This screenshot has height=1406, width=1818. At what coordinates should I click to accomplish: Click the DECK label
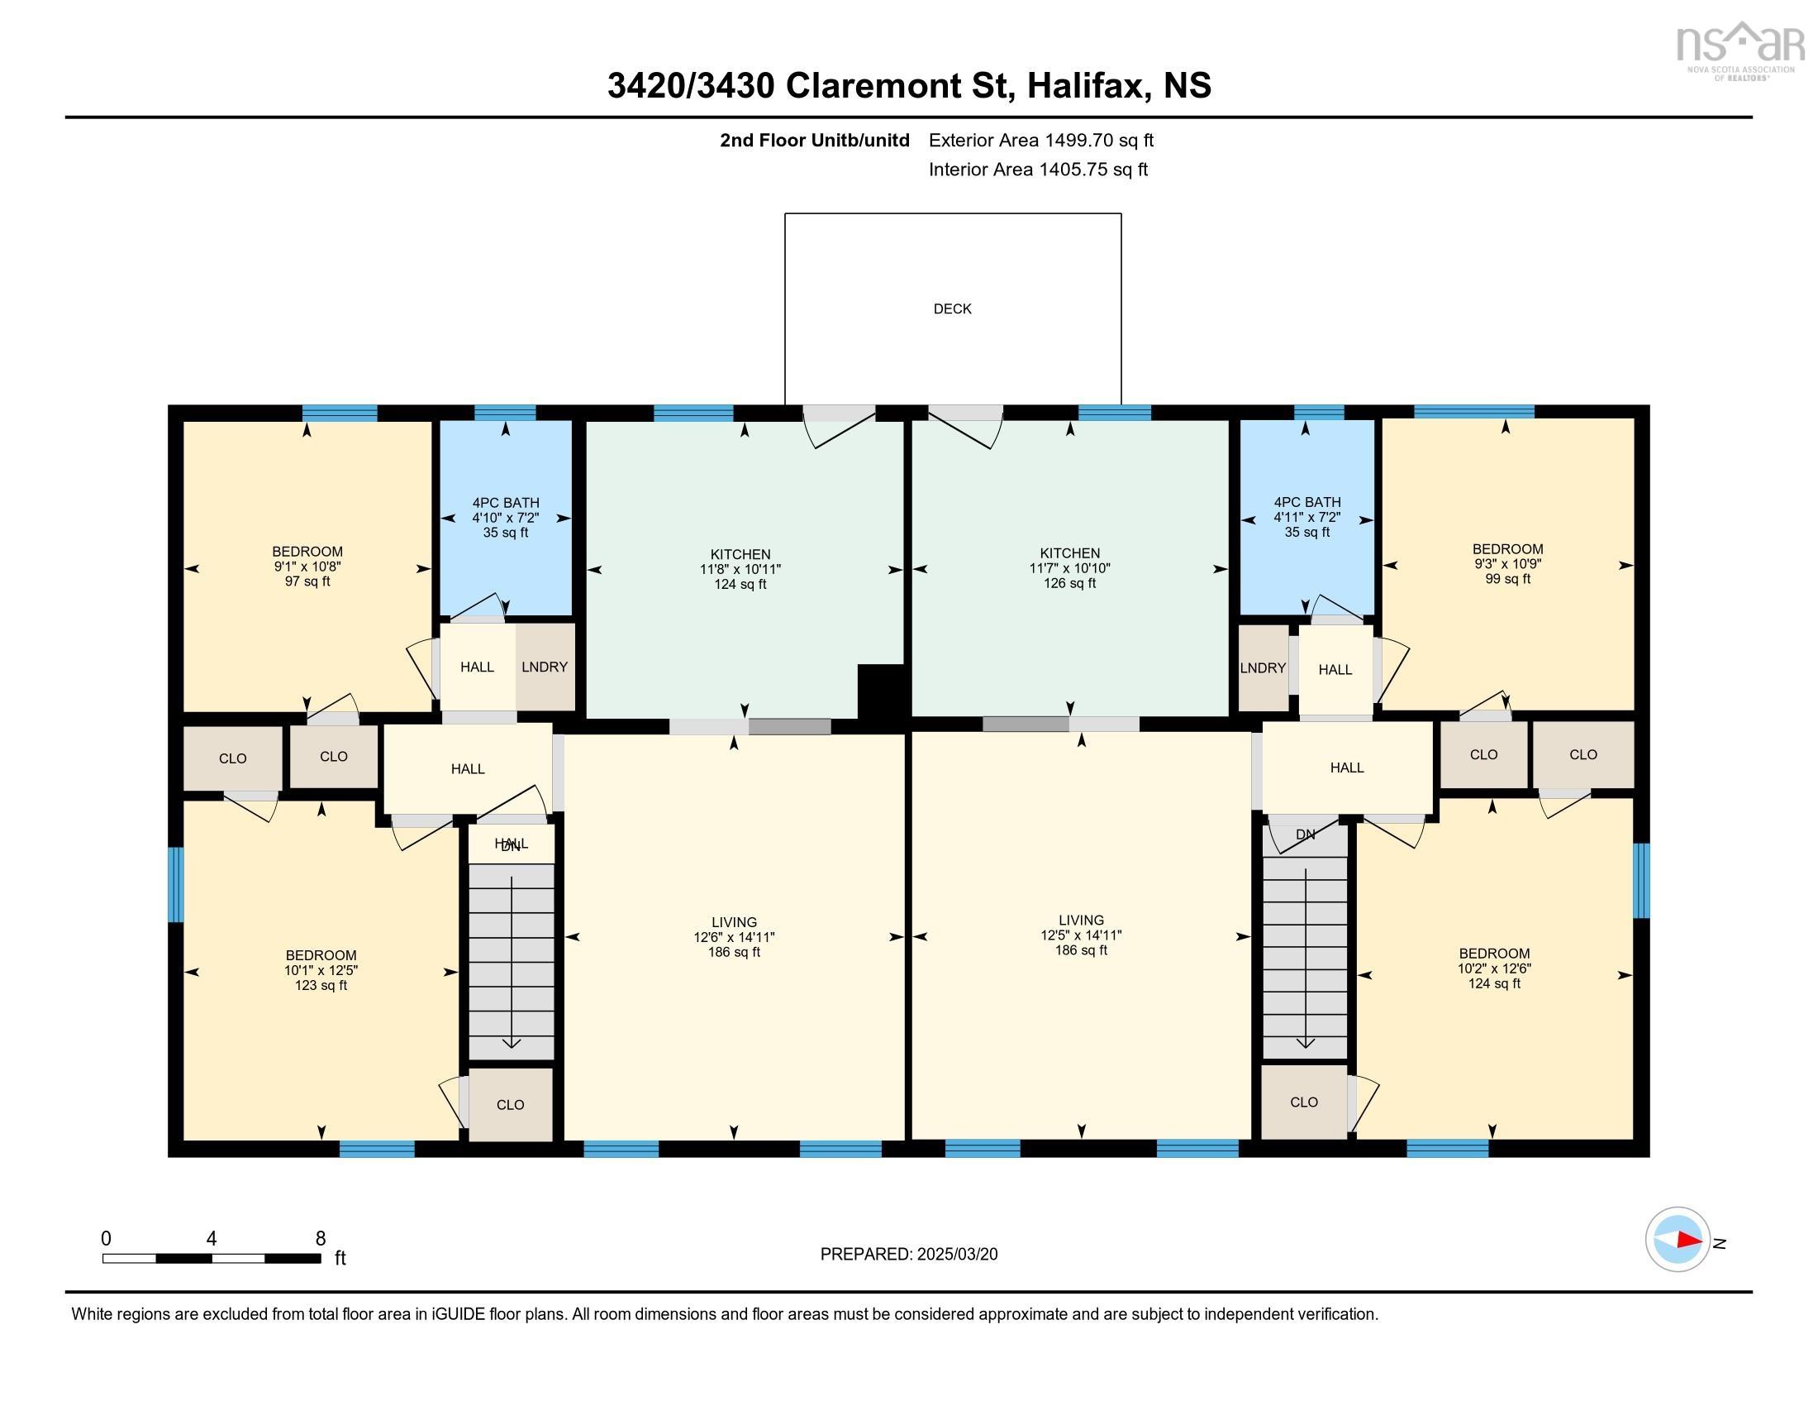point(952,309)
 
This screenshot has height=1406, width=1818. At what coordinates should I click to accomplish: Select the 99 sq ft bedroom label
point(1507,564)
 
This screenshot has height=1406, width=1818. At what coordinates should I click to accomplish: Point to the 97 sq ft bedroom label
point(307,567)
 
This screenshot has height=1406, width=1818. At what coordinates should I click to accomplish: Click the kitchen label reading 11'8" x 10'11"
point(740,569)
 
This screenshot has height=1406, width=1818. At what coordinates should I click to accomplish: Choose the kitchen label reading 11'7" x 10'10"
point(1069,568)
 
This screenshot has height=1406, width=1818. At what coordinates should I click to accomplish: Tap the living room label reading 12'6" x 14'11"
point(734,937)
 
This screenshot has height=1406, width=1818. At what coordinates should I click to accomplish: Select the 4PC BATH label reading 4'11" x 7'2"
point(1307,517)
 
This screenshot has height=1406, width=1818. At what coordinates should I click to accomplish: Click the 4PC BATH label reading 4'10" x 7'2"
point(505,518)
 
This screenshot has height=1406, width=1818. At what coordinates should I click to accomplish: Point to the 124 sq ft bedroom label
point(1494,968)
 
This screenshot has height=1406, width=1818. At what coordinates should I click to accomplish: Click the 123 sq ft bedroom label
point(321,970)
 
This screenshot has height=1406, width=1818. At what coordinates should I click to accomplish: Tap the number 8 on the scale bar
point(321,1239)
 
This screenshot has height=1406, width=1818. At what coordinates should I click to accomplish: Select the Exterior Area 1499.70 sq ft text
point(1041,140)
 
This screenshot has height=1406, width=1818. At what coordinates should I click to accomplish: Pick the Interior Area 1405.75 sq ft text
point(1038,169)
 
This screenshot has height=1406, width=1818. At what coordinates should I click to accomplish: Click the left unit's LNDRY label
point(545,667)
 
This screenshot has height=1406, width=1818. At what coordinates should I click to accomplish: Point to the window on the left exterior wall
point(176,885)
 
